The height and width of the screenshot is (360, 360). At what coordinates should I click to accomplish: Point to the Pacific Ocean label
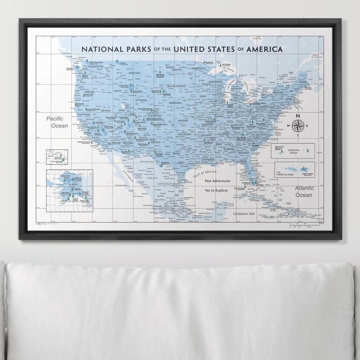tap(57, 122)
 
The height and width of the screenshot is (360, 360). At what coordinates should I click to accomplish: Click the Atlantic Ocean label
tap(304, 192)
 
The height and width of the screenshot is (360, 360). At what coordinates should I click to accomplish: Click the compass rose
tap(298, 126)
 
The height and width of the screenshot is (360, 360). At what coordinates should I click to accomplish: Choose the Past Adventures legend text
tap(218, 181)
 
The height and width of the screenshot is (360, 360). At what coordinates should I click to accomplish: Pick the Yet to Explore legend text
tap(217, 190)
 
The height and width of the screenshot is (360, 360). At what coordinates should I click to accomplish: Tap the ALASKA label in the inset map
tap(73, 184)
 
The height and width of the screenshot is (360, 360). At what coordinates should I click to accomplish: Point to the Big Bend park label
tap(165, 163)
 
